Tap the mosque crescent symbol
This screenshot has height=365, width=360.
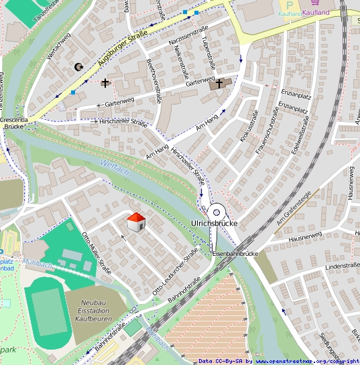pos(78,66)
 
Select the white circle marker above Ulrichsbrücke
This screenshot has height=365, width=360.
pos(216,210)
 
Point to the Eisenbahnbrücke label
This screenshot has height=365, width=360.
pos(235,254)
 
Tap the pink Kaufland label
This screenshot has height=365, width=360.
pos(316,13)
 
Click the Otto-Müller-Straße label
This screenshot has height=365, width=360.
pos(96,252)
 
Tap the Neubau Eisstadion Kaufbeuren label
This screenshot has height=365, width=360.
pos(95,311)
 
